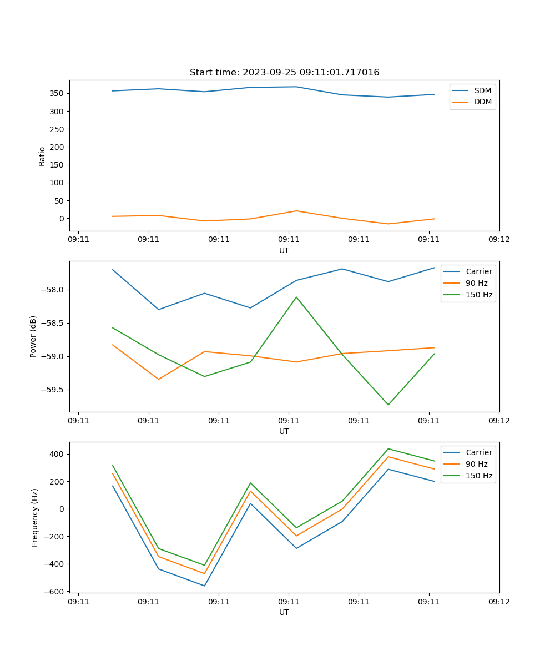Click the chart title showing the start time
pyautogui.click(x=284, y=73)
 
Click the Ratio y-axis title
pyautogui.click(x=42, y=156)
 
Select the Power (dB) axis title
pyautogui.click(x=33, y=336)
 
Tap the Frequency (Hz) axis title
pyautogui.click(x=35, y=517)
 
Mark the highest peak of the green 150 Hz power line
pyautogui.click(x=296, y=297)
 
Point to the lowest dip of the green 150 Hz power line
pyautogui.click(x=388, y=405)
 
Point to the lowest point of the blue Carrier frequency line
pyautogui.click(x=204, y=586)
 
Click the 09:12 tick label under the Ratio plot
pyautogui.click(x=499, y=240)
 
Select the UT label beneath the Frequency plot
pyautogui.click(x=284, y=613)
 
